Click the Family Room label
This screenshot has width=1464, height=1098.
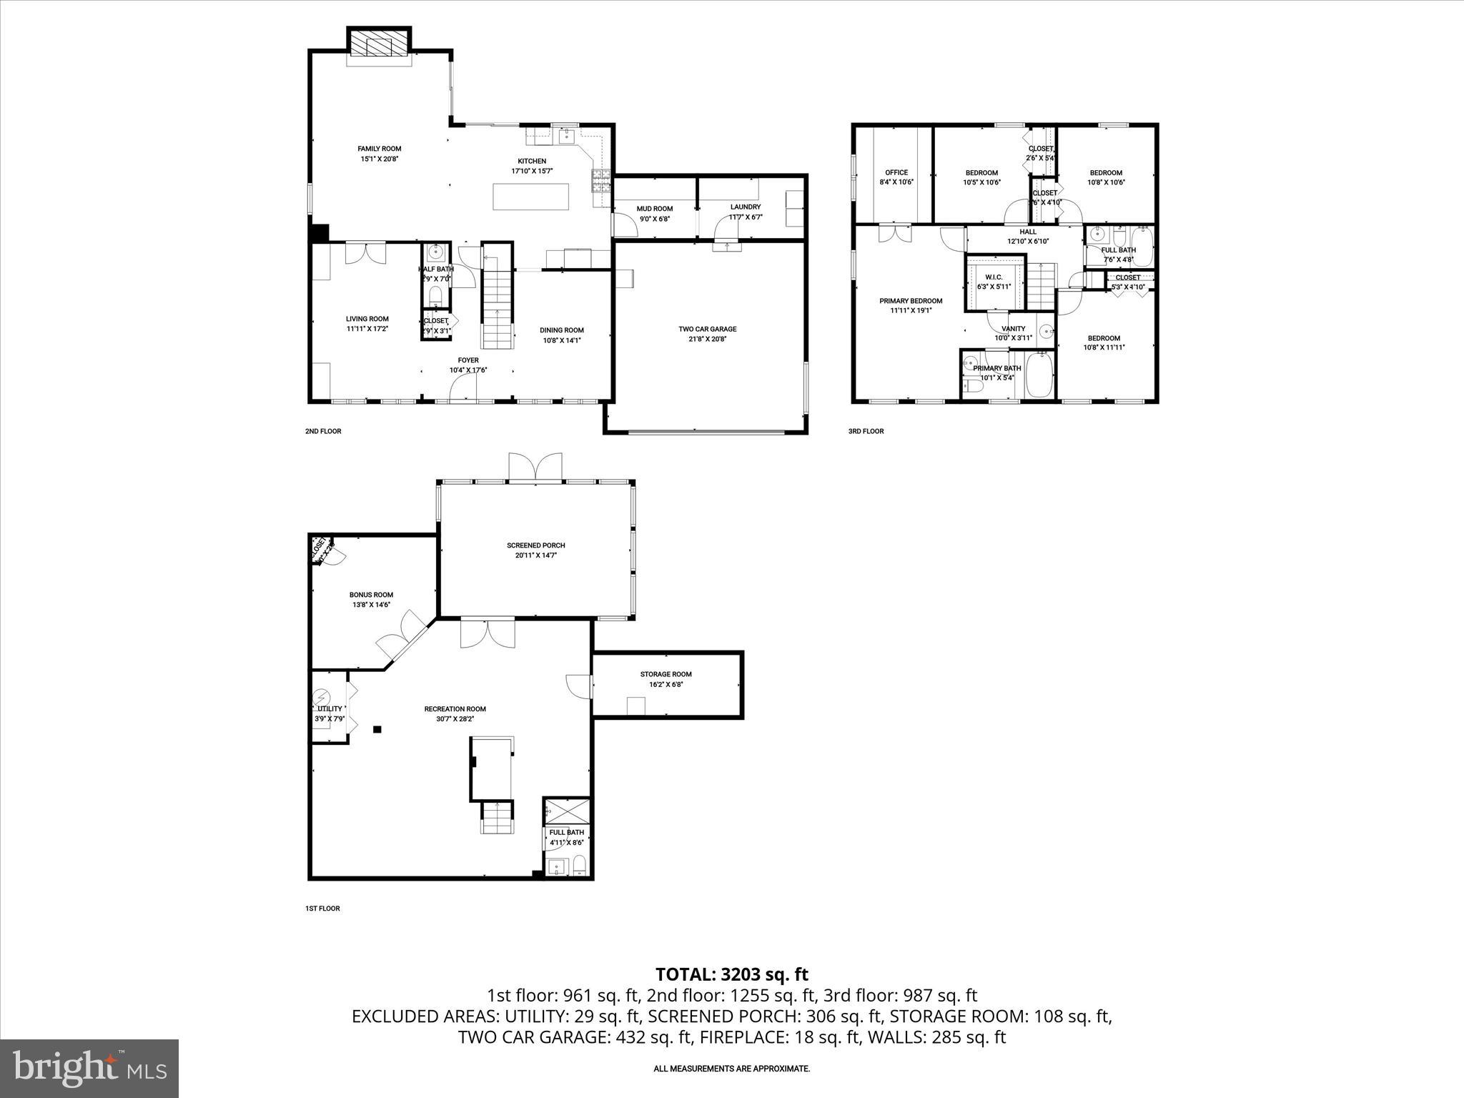(379, 149)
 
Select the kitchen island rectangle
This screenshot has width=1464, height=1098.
(531, 197)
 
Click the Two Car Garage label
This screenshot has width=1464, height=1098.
(707, 330)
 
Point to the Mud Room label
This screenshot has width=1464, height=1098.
(654, 209)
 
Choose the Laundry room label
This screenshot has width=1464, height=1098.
(745, 207)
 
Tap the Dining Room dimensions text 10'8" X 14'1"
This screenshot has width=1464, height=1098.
(561, 340)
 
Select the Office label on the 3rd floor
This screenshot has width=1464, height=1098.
(896, 172)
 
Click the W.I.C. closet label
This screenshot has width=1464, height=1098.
(994, 277)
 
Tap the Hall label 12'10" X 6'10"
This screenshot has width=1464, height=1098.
(1027, 241)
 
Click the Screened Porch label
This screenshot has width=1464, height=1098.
(535, 545)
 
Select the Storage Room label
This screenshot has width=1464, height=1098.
(666, 674)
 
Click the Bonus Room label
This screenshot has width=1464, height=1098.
(371, 595)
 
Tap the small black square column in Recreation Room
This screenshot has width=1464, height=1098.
(377, 729)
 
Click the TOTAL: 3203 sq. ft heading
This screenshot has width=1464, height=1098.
(731, 974)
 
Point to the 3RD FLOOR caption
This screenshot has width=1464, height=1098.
(866, 431)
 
